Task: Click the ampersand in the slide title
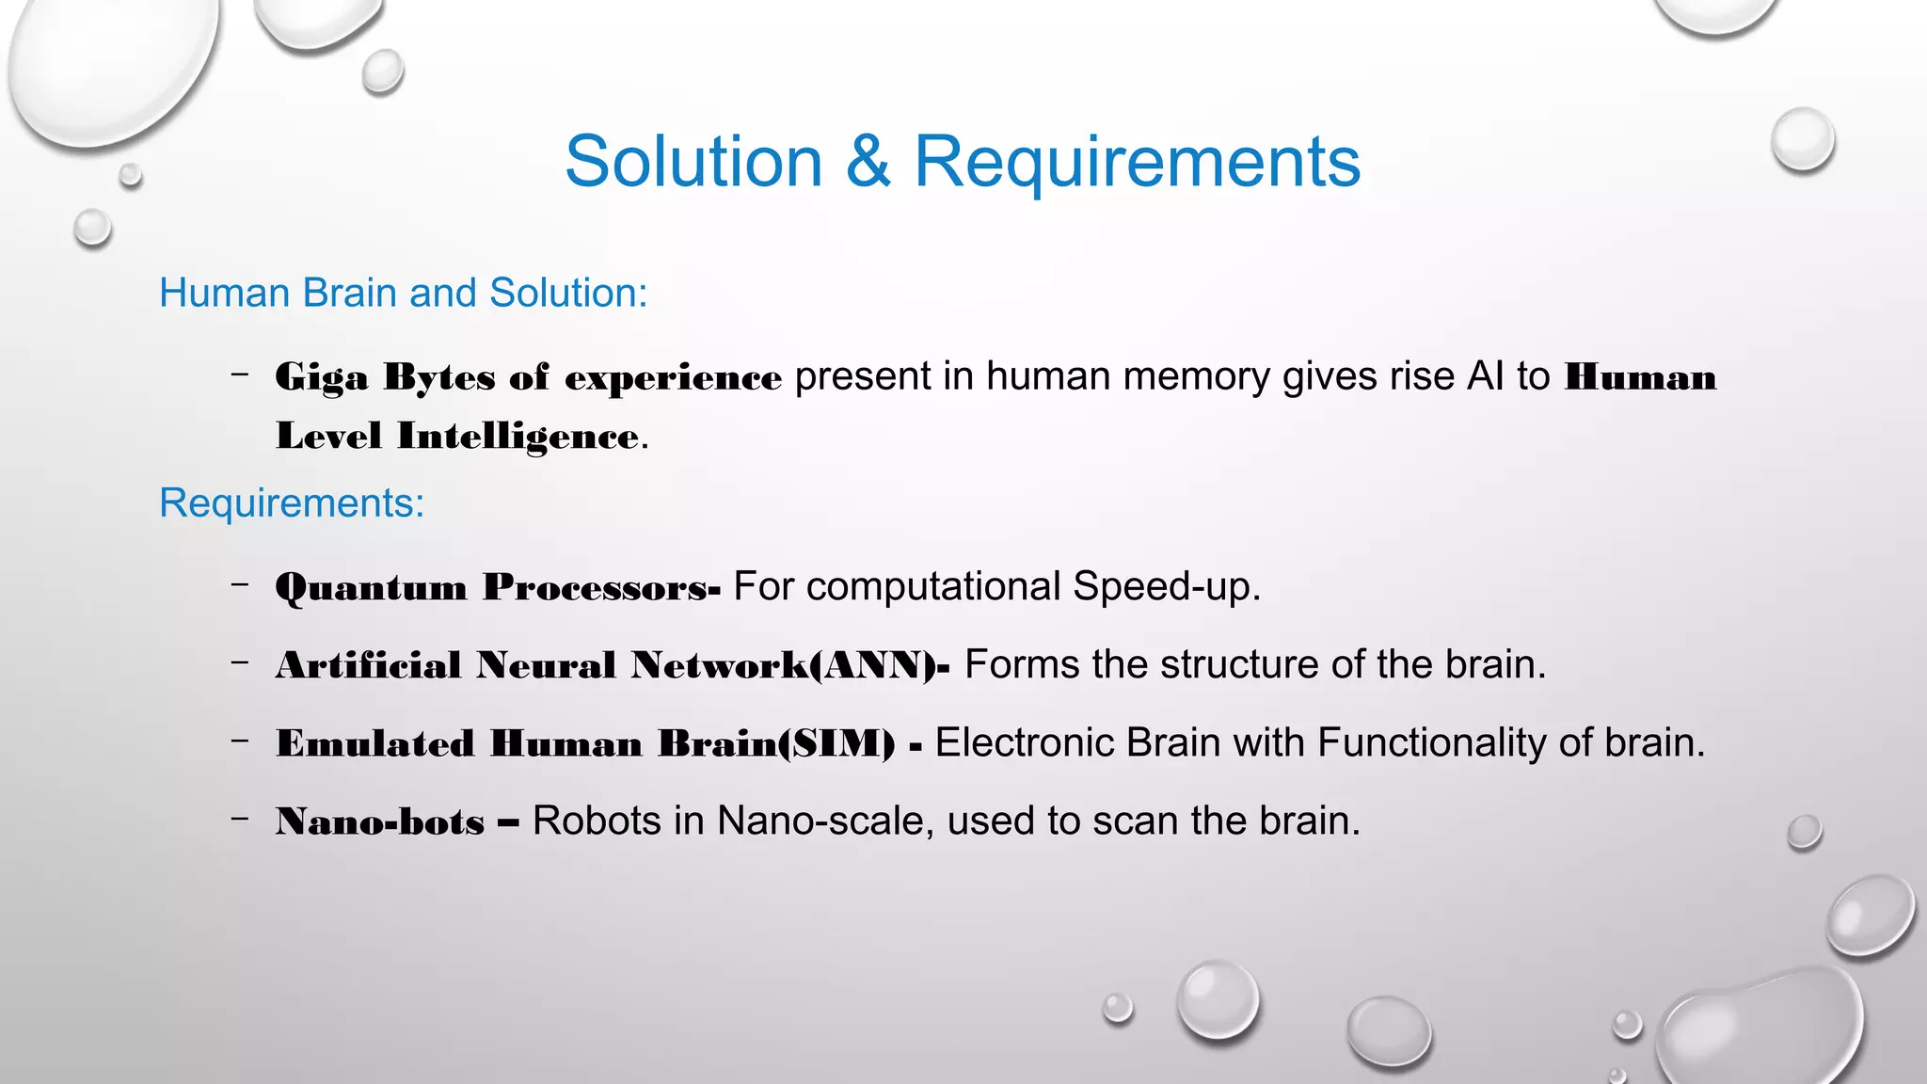(x=868, y=162)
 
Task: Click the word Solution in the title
(x=693, y=162)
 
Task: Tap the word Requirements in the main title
(x=1137, y=162)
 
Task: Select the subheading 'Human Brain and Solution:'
(x=403, y=293)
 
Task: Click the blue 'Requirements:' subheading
(x=292, y=503)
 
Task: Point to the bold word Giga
(x=321, y=378)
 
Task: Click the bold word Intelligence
(x=518, y=437)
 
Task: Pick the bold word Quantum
(x=371, y=588)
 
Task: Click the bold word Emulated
(x=374, y=743)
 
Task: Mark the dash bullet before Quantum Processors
(x=240, y=584)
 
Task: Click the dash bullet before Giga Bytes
(x=240, y=375)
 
